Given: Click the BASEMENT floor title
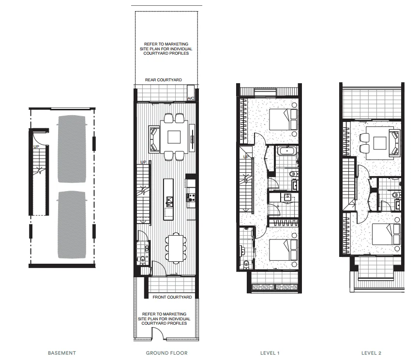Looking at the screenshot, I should [x=61, y=353].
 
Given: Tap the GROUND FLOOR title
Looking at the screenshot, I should [x=166, y=353].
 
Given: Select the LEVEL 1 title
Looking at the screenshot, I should [x=270, y=353].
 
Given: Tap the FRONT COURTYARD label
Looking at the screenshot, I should [x=172, y=297].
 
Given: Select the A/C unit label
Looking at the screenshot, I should [x=191, y=99].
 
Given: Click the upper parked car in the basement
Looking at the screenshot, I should [x=72, y=149].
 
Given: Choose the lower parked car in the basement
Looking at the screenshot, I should [x=72, y=225].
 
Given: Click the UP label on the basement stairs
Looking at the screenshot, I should [x=36, y=146].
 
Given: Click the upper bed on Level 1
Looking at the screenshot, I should [x=283, y=119].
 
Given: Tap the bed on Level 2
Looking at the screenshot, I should [x=386, y=237].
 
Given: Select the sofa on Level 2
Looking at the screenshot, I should [x=394, y=144].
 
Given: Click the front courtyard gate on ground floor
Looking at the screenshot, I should [x=157, y=334].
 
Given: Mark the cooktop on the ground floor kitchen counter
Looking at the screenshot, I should [x=190, y=197].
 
